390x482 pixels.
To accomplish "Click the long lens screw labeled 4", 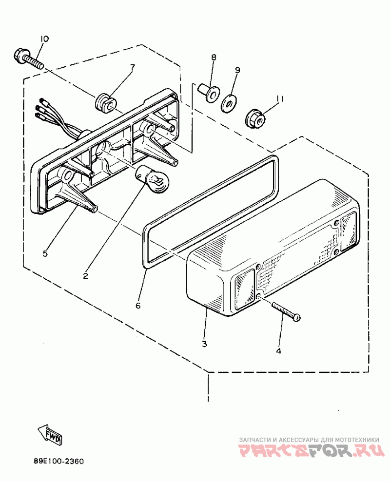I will [x=285, y=311].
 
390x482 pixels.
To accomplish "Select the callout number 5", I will [x=45, y=253].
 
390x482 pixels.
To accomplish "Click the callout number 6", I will [x=138, y=306].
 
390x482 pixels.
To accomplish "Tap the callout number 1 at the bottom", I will [x=209, y=399].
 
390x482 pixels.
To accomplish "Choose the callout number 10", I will [x=44, y=39].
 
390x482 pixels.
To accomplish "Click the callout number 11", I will [x=279, y=98].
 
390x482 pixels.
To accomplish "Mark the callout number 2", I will [x=85, y=276].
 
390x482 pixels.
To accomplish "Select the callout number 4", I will [x=278, y=350].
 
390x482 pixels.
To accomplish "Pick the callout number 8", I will [x=214, y=58].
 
